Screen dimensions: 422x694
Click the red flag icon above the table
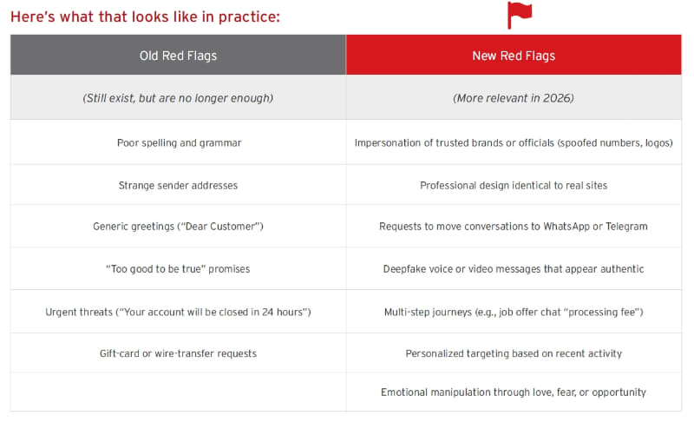(x=519, y=15)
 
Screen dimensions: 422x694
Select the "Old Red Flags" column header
(x=178, y=56)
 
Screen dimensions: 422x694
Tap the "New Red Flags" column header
(x=514, y=56)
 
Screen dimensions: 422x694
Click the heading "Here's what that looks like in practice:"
(x=145, y=16)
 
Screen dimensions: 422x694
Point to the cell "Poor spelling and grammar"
(x=179, y=142)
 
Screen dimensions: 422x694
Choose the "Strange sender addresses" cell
(x=178, y=185)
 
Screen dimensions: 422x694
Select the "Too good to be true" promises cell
(x=178, y=269)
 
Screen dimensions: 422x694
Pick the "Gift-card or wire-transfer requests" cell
(x=178, y=353)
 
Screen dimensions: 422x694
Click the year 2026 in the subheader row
(x=558, y=98)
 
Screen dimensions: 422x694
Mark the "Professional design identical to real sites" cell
(x=514, y=185)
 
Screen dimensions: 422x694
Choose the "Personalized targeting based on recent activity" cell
(x=514, y=353)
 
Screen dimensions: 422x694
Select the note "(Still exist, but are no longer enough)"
(x=178, y=98)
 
